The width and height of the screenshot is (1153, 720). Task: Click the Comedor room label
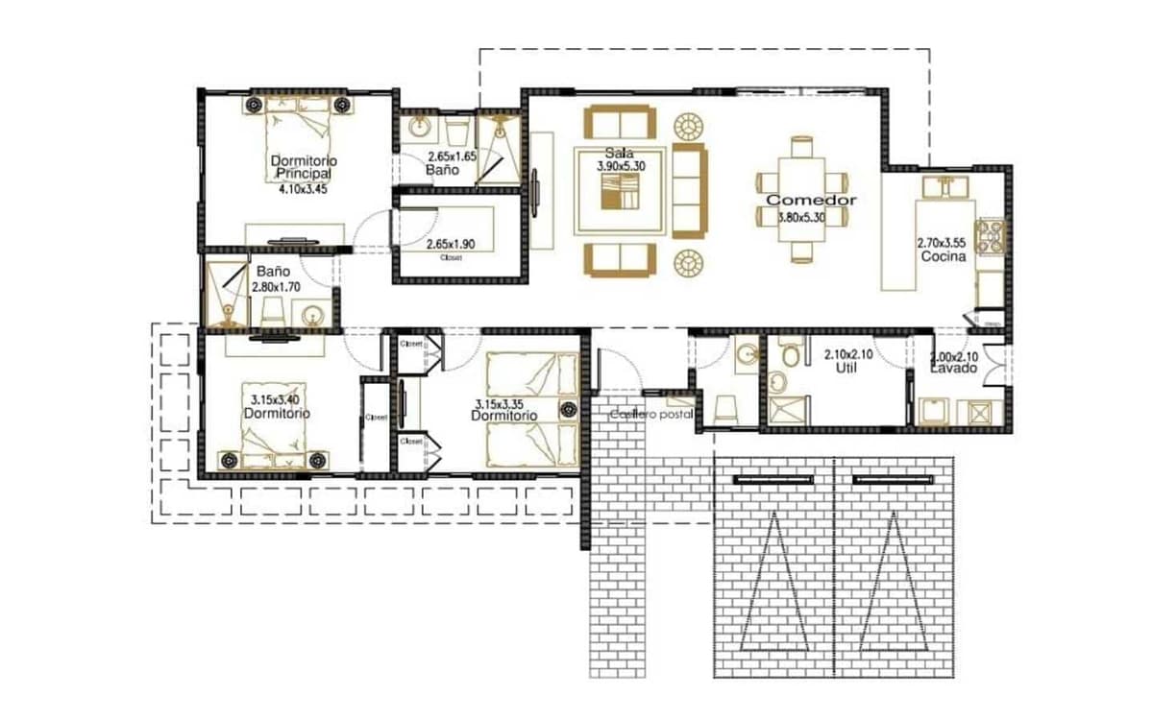(x=811, y=200)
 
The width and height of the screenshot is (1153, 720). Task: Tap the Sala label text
(x=618, y=154)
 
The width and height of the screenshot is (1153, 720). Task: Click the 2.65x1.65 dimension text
(x=452, y=156)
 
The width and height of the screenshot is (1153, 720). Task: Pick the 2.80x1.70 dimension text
(x=275, y=286)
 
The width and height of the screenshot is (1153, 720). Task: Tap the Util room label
(x=846, y=368)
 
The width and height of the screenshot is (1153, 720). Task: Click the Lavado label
(x=953, y=369)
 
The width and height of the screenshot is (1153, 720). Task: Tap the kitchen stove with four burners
(x=990, y=235)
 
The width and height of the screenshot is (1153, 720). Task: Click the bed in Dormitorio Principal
(x=300, y=144)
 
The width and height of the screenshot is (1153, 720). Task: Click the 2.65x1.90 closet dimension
(x=458, y=245)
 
